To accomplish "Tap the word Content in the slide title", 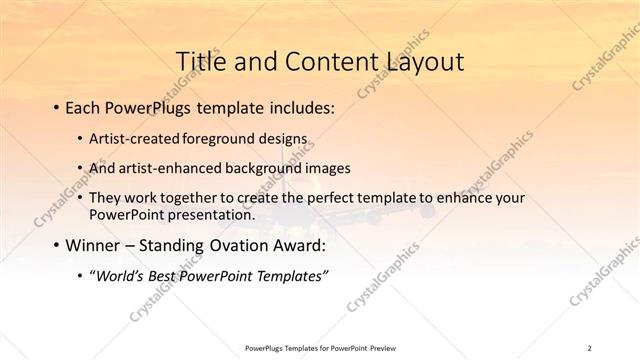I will [317, 60].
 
